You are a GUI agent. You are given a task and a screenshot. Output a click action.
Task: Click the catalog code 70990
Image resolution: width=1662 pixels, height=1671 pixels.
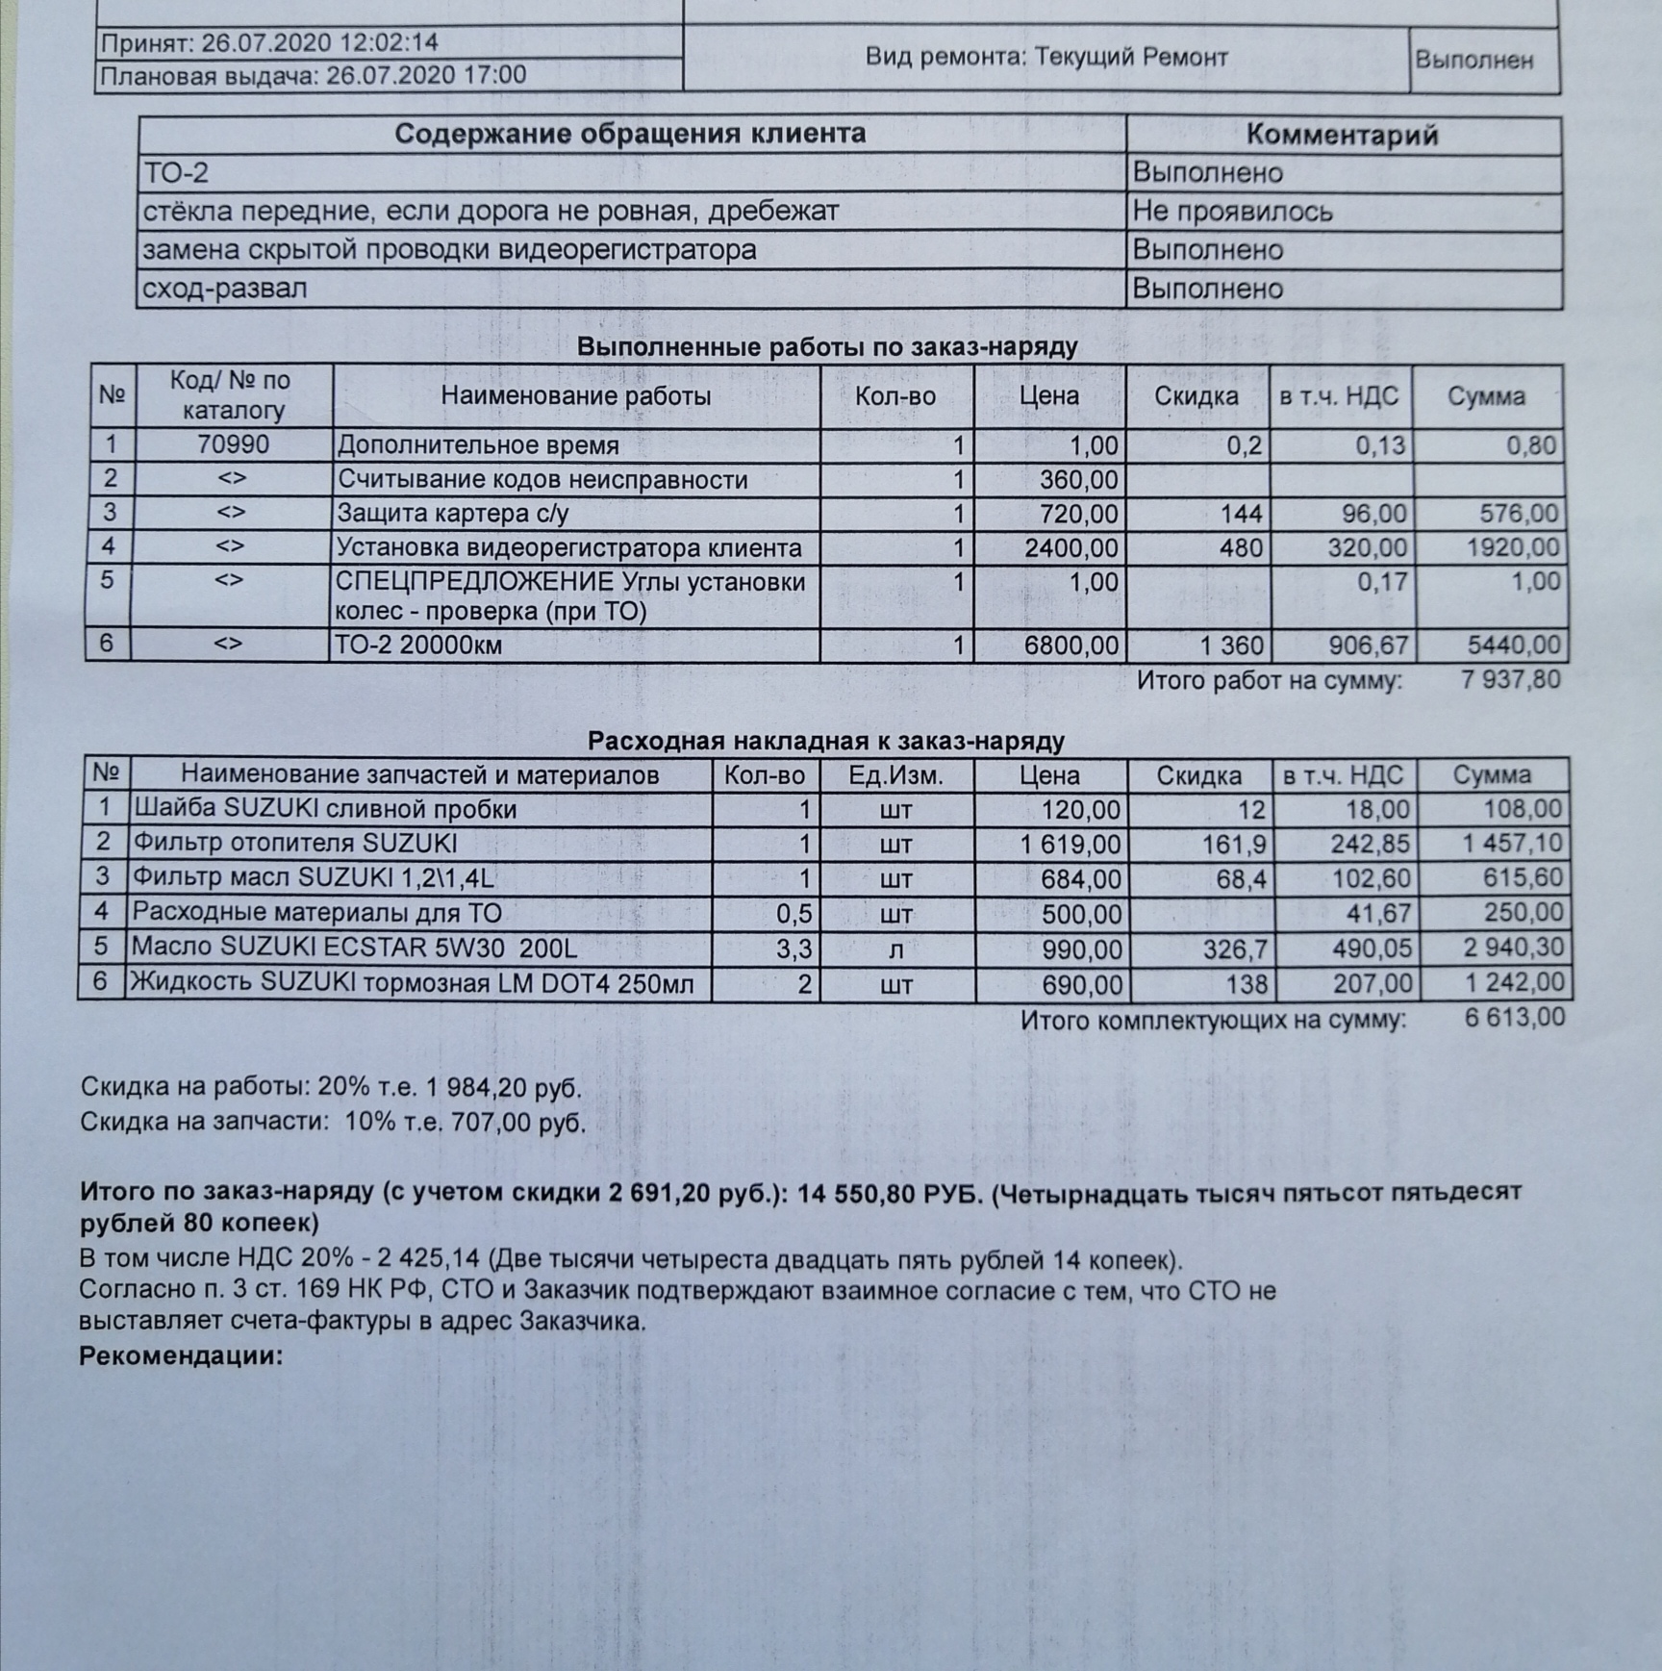click(233, 444)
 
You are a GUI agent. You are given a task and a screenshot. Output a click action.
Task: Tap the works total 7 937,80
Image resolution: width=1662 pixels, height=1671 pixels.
click(1510, 680)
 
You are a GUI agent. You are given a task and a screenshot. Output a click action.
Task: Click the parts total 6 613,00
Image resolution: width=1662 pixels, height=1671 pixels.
click(1515, 1017)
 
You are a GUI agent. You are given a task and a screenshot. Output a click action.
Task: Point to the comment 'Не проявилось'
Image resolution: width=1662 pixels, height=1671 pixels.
click(1232, 212)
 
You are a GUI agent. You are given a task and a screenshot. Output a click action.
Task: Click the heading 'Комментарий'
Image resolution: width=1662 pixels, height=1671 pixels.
click(1342, 135)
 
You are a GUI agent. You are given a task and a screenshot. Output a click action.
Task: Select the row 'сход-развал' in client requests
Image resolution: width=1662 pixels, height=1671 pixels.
click(225, 289)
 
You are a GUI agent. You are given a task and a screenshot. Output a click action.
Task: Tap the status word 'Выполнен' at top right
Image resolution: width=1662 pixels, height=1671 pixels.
click(1473, 60)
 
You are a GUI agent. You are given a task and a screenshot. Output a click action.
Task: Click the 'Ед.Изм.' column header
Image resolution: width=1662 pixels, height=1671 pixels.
click(895, 775)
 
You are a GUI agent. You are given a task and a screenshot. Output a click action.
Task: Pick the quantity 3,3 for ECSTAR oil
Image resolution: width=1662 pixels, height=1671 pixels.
click(793, 949)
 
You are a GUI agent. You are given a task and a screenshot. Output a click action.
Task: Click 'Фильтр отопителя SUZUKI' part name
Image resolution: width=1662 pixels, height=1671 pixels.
click(294, 844)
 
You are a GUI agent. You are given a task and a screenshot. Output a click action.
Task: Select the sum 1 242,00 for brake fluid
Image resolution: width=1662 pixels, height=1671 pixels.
click(1514, 983)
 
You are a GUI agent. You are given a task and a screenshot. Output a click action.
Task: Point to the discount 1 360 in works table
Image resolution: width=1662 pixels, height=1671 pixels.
click(1232, 645)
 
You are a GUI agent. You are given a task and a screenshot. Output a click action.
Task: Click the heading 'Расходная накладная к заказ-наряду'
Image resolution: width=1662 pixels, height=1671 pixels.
click(826, 741)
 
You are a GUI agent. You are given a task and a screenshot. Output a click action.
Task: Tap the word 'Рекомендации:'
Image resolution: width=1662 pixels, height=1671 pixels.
click(181, 1355)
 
